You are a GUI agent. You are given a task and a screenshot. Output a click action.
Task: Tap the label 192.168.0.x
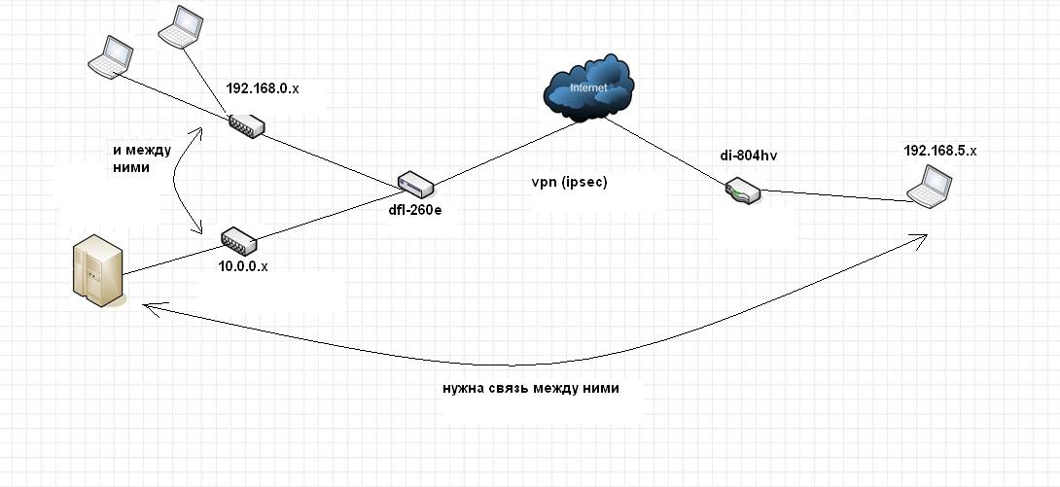pos(263,88)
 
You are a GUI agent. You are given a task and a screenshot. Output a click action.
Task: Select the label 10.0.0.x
pos(243,266)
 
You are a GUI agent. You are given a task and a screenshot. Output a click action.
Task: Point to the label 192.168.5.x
pos(940,151)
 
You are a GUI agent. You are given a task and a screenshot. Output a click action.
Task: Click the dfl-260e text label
pos(416,211)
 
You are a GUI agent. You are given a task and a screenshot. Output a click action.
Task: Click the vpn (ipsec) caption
pos(570,183)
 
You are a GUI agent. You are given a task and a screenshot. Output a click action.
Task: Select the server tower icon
pos(98,270)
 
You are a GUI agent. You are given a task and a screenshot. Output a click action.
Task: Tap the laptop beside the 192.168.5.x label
pos(930,186)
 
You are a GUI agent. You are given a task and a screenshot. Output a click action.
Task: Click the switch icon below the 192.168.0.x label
pos(246,125)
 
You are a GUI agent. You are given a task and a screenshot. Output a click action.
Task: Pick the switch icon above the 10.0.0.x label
pos(238,240)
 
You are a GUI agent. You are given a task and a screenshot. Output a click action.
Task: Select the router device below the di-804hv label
pos(743,191)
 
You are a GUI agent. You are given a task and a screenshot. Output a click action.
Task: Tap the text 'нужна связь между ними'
pos(531,389)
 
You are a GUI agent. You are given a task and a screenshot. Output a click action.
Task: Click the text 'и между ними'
pos(141,158)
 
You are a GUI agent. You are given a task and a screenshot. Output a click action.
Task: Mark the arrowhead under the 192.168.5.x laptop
pos(919,238)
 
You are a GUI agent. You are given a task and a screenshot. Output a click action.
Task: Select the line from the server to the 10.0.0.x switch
pos(172,261)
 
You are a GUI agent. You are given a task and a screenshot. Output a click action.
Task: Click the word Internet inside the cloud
pos(589,87)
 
